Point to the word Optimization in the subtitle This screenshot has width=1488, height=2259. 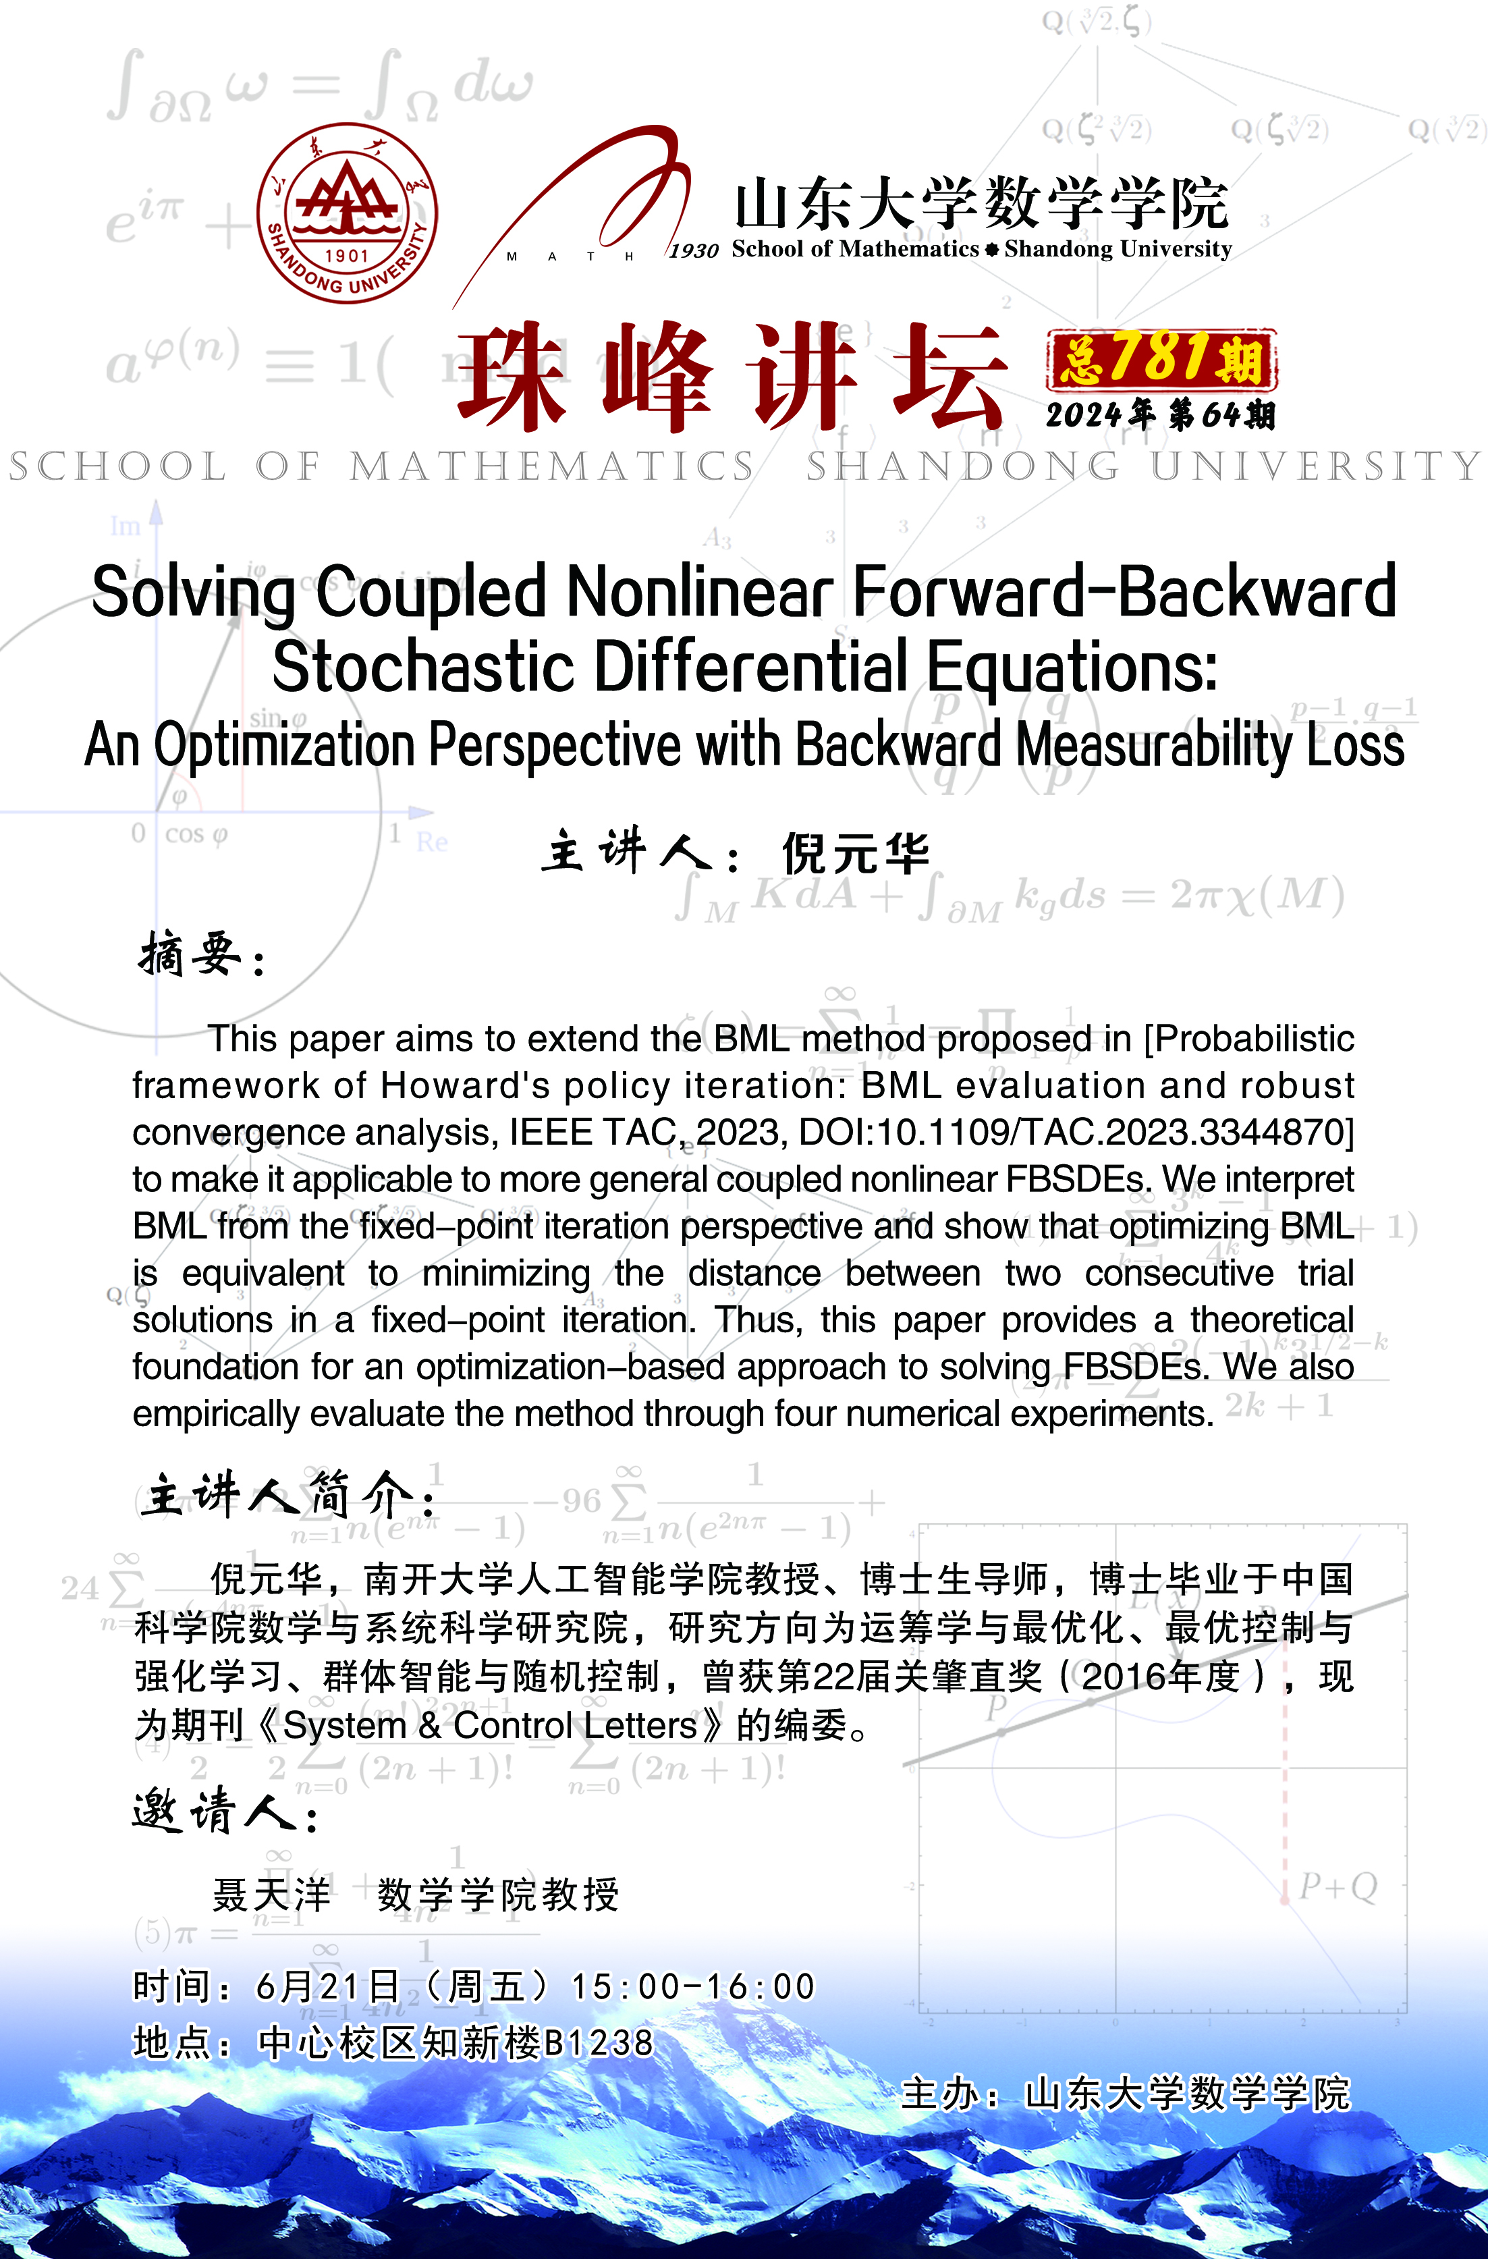(285, 745)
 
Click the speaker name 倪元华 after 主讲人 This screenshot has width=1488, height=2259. (855, 852)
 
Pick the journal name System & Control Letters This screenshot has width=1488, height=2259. (490, 1724)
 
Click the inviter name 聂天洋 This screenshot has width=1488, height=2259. (273, 1895)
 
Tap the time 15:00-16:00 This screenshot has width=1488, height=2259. (693, 1986)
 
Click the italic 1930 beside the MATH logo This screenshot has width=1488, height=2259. (694, 250)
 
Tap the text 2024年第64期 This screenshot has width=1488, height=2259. (1159, 415)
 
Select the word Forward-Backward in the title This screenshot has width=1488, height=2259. (1124, 591)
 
